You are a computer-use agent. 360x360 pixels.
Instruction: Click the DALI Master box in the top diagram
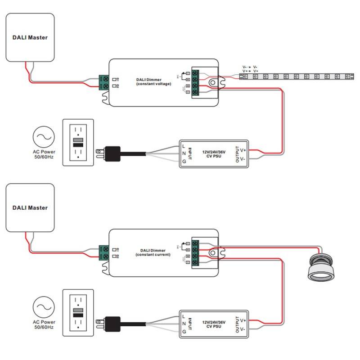[x=30, y=37]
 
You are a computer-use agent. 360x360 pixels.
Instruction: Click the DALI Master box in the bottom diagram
[x=30, y=207]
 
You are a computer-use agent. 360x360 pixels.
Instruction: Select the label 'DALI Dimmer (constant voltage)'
[x=153, y=81]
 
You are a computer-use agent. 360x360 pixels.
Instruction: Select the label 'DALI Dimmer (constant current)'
[x=153, y=252]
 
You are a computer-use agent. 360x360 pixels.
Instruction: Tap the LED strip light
[x=297, y=76]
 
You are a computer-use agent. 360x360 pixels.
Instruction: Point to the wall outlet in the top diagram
[x=78, y=143]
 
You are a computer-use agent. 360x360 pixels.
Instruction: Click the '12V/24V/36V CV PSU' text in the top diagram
[x=213, y=153]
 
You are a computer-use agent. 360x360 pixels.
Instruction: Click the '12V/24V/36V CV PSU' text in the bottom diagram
[x=213, y=324]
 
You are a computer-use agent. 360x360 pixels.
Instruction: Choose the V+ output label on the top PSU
[x=243, y=150]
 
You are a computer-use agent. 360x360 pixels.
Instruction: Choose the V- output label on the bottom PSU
[x=243, y=329]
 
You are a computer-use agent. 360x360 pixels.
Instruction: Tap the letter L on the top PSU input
[x=184, y=145]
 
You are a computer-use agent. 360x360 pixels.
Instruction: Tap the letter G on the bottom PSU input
[x=184, y=332]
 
